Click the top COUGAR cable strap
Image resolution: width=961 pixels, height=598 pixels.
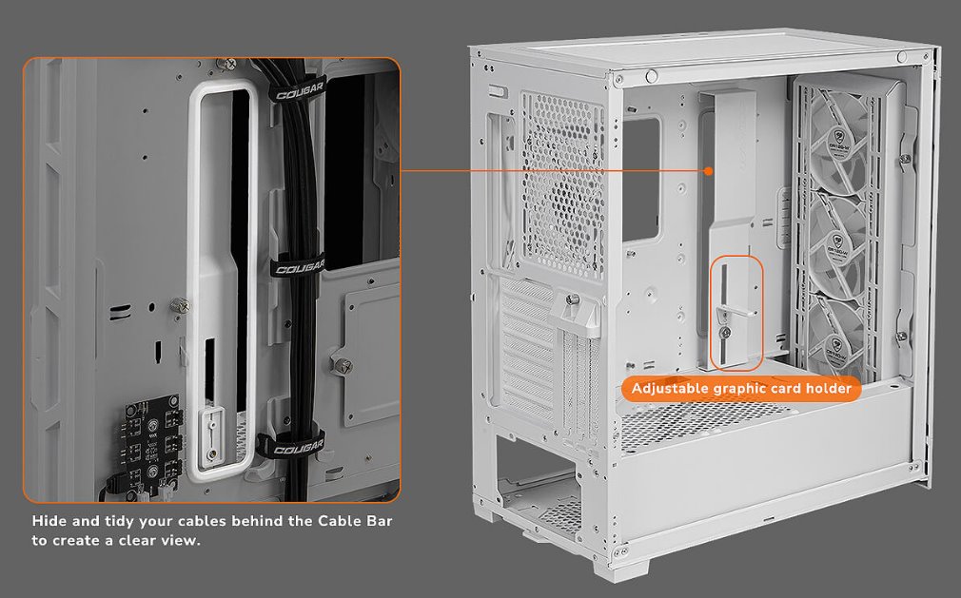pos(297,94)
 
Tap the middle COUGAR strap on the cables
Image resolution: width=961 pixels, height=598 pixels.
pos(298,267)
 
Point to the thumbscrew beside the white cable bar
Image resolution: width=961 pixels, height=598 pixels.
pos(178,305)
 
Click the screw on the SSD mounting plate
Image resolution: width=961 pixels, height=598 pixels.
pos(347,365)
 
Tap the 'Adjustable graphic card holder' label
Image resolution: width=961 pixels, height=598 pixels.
pos(741,389)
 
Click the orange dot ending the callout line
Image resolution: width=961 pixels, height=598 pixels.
pos(708,171)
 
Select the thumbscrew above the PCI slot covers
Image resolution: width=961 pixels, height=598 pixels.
pos(576,299)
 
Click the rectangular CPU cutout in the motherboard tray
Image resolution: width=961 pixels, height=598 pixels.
pos(642,178)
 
